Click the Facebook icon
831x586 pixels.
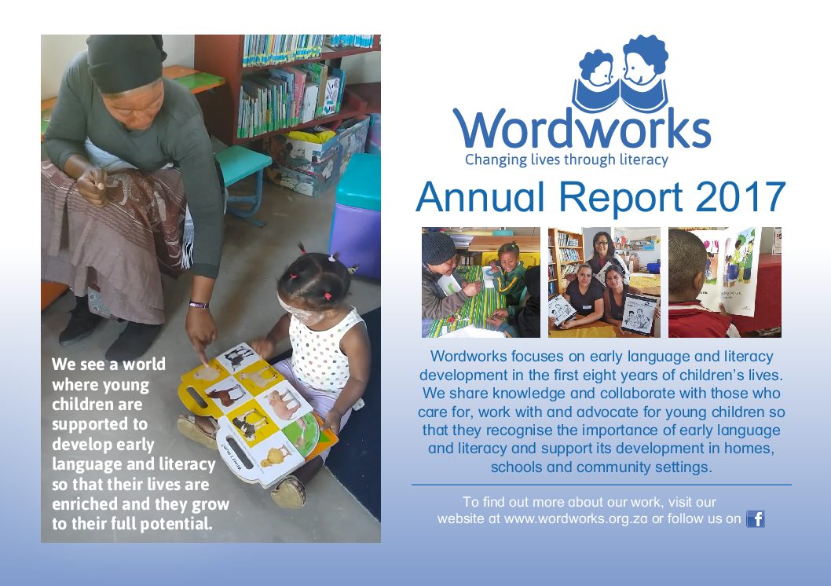[756, 518]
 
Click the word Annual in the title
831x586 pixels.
[480, 197]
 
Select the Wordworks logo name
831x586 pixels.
[581, 129]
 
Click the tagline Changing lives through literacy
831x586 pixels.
[566, 159]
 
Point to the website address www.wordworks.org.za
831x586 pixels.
[576, 518]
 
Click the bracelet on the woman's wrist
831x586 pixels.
[199, 305]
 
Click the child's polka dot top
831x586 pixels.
[324, 350]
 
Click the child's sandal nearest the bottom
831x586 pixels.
[288, 492]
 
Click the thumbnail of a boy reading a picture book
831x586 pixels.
[724, 283]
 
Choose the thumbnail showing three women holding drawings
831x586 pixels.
[604, 283]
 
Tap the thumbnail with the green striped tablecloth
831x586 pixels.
[481, 283]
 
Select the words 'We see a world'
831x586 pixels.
[108, 364]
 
